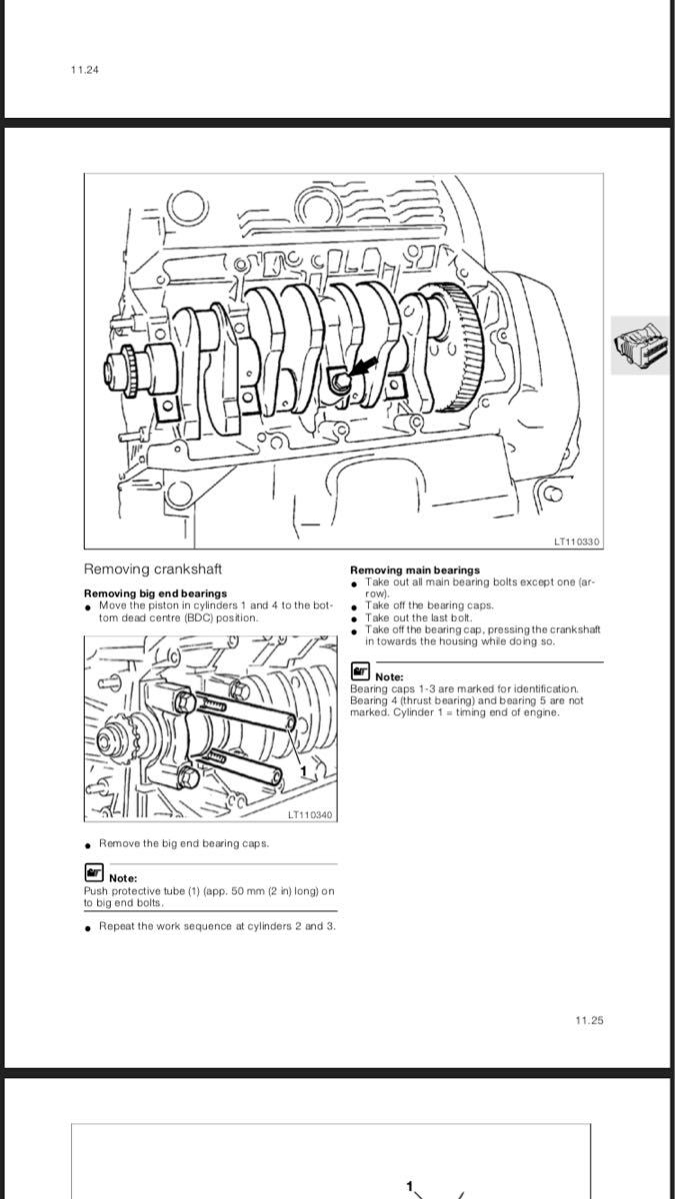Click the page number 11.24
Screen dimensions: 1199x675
pos(85,70)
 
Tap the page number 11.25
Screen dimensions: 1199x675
pos(589,1020)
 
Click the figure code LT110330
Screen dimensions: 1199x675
pos(576,543)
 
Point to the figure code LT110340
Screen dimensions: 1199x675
pos(309,815)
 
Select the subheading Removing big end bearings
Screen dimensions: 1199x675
pos(155,594)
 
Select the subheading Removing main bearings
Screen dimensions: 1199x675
pos(415,571)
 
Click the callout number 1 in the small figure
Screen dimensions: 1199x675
pos(303,770)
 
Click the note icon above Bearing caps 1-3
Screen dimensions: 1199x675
pos(360,674)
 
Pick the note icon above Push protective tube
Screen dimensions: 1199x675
pos(94,875)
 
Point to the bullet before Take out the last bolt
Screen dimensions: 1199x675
pos(355,618)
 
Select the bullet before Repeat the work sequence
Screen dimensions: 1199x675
pos(89,927)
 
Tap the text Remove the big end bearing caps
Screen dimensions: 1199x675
pos(184,843)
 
